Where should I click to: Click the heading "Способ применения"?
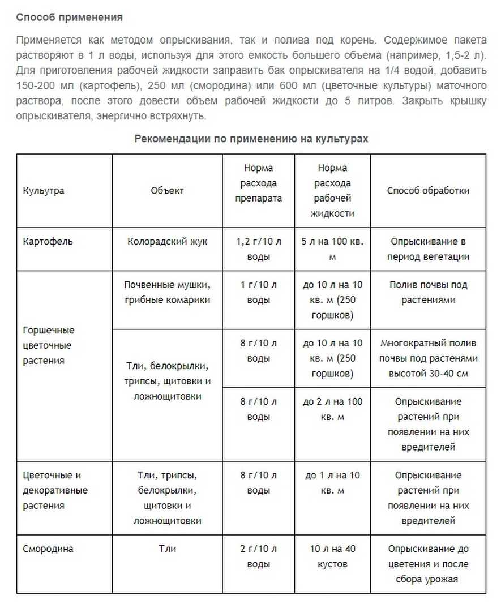[x=69, y=18]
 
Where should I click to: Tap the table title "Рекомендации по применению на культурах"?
[x=251, y=139]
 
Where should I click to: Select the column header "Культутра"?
[x=44, y=191]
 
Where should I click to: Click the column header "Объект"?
[x=167, y=191]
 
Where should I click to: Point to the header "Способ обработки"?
[x=428, y=191]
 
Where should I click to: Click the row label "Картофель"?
[x=48, y=242]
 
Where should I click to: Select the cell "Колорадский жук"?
[x=167, y=242]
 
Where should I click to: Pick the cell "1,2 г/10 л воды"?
[x=259, y=249]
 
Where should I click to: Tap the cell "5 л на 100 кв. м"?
[x=333, y=249]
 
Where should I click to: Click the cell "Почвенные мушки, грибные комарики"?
[x=167, y=293]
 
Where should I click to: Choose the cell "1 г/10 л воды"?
[x=259, y=293]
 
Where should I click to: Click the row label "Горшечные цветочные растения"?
[x=49, y=345]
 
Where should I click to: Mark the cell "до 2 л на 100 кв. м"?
[x=333, y=409]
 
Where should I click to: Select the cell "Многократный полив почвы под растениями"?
[x=428, y=358]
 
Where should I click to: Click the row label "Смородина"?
[x=48, y=549]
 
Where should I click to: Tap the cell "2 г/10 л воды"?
[x=259, y=556]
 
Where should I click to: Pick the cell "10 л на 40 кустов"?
[x=333, y=556]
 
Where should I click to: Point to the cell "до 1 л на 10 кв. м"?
[x=333, y=483]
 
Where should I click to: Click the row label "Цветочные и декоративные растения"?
[x=55, y=490]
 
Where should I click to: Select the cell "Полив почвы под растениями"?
[x=428, y=293]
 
